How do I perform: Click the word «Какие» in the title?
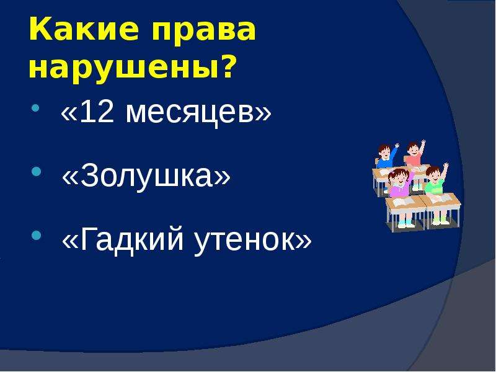(x=84, y=29)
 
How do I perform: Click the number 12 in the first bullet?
(x=97, y=112)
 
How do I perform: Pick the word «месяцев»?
(x=189, y=115)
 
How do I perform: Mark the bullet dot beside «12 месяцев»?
(x=36, y=108)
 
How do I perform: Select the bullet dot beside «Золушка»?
(x=37, y=172)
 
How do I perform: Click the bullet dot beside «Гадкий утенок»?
(x=37, y=235)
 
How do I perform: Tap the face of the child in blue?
(x=384, y=152)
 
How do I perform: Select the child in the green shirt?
(x=436, y=181)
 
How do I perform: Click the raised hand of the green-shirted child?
(x=446, y=166)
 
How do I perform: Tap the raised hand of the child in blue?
(x=397, y=146)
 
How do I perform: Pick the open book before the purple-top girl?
(x=402, y=201)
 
